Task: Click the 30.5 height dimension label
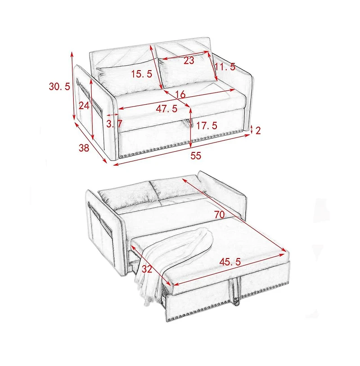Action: pyautogui.click(x=59, y=87)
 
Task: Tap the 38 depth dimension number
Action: pyautogui.click(x=84, y=148)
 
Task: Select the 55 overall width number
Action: pyautogui.click(x=196, y=156)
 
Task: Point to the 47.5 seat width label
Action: pyautogui.click(x=166, y=109)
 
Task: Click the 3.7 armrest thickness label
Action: pyautogui.click(x=114, y=124)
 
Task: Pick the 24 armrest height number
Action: pyautogui.click(x=84, y=106)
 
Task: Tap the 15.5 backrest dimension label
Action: pyautogui.click(x=142, y=74)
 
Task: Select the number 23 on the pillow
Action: pyautogui.click(x=189, y=60)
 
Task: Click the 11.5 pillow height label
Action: pyautogui.click(x=225, y=67)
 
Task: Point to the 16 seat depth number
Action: pyautogui.click(x=180, y=94)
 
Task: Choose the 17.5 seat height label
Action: pyautogui.click(x=207, y=125)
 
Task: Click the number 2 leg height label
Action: pyautogui.click(x=258, y=130)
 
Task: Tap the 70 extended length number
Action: pyautogui.click(x=219, y=214)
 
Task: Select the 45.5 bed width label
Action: pyautogui.click(x=230, y=262)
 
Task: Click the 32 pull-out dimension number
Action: pyautogui.click(x=147, y=269)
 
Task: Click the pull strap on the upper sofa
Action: pyautogui.click(x=188, y=123)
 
